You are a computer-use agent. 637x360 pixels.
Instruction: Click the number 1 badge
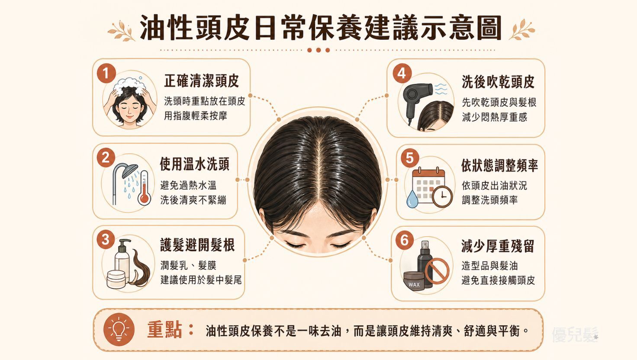point(106,74)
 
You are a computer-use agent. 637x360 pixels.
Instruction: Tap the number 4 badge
point(402,74)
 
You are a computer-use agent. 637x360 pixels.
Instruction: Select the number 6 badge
point(405,241)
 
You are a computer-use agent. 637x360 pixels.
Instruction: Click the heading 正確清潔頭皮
point(201,81)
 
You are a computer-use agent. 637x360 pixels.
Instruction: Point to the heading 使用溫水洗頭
point(194,164)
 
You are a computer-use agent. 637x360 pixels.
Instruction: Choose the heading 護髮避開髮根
point(197,245)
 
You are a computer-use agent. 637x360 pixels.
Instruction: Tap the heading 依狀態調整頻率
point(500,165)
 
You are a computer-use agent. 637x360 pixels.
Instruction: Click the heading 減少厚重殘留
point(498,246)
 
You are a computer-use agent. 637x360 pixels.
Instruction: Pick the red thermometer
point(144,188)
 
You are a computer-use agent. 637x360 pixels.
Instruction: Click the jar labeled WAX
point(414,281)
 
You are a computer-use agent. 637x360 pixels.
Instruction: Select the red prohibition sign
point(437,271)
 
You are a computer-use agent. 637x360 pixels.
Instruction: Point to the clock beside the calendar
point(443,196)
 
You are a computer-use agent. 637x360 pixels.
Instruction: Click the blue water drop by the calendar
point(412,199)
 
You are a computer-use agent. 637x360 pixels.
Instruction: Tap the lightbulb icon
point(119,330)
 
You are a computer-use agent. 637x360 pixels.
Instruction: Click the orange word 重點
point(164,330)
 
